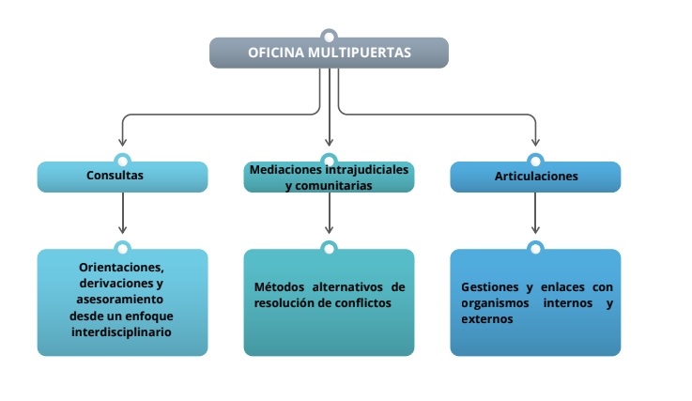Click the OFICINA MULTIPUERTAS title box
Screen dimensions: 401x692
[x=329, y=53]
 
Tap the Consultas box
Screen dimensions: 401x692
[x=122, y=177]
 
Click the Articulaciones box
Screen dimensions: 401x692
[x=535, y=177]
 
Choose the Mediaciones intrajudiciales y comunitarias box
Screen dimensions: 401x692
[x=329, y=177]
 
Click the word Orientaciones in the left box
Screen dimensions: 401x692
[x=122, y=266]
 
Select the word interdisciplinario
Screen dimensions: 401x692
[x=122, y=332]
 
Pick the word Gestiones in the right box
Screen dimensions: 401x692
[x=489, y=286]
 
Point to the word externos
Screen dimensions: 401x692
[x=487, y=319]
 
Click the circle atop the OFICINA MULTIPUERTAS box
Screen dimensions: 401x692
[x=329, y=38]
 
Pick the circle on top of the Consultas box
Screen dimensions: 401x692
[x=122, y=161]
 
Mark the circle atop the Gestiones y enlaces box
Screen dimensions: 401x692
[x=535, y=248]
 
